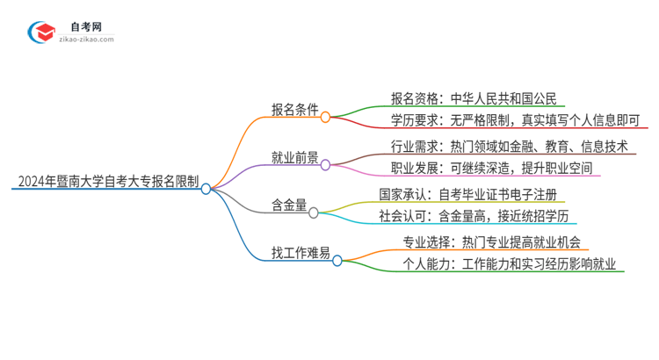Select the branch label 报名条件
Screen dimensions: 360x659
tap(294, 111)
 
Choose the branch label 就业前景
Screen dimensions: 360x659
tap(294, 159)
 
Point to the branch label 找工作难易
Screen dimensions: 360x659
tap(301, 255)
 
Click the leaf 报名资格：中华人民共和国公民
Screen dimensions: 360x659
tap(472, 98)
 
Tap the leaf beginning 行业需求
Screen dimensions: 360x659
tap(509, 146)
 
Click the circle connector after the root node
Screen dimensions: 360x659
tap(206, 188)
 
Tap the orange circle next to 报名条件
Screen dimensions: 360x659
tap(326, 116)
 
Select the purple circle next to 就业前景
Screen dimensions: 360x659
tap(326, 164)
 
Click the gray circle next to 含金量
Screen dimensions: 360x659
tap(314, 212)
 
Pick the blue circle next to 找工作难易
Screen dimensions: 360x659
tap(337, 260)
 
